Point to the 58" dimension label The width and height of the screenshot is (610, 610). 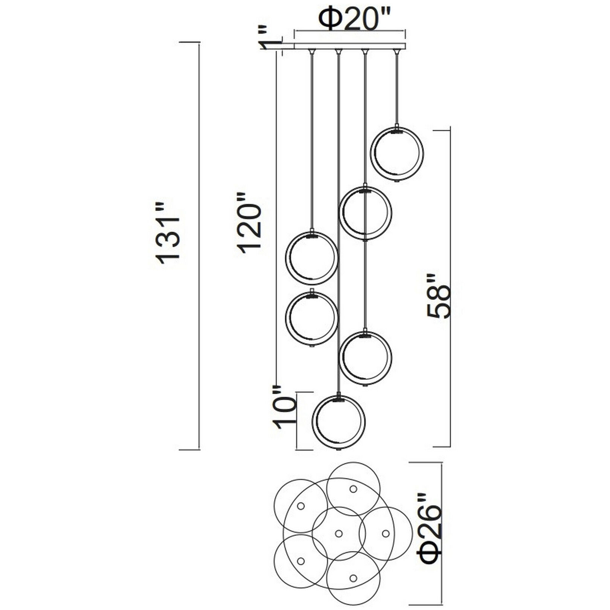click(438, 296)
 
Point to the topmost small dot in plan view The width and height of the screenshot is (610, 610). click(353, 489)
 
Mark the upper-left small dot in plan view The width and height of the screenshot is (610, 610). click(301, 506)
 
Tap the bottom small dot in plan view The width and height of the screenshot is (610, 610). click(353, 578)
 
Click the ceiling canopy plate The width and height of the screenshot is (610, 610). click(350, 46)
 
